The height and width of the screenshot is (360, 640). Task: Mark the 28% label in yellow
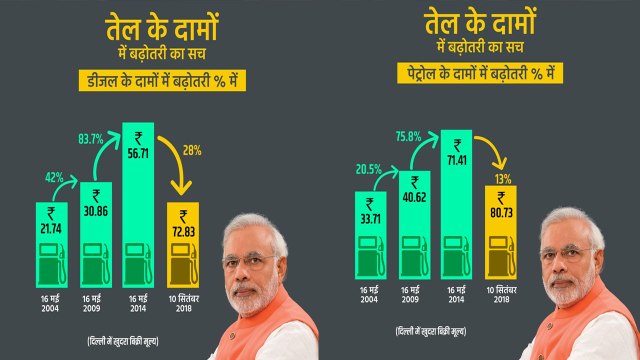192,150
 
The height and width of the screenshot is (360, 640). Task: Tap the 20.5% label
369,168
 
